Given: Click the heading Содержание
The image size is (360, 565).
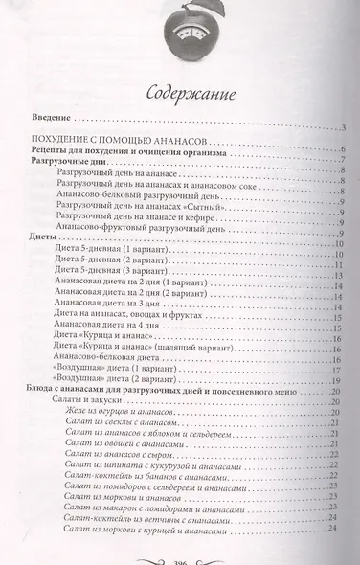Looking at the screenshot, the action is click(179, 93).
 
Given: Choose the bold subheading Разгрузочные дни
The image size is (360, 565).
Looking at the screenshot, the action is click(68, 166).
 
